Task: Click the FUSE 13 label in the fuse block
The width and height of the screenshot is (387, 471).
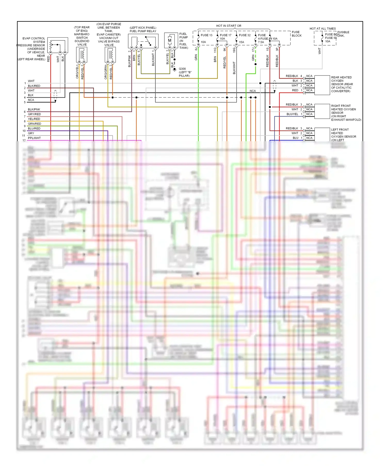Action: click(206, 35)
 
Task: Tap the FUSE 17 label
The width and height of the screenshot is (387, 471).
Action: click(225, 35)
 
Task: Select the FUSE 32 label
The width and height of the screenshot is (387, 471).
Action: click(245, 35)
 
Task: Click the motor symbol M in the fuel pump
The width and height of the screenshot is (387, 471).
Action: click(170, 40)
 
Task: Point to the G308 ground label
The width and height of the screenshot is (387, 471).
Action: click(182, 69)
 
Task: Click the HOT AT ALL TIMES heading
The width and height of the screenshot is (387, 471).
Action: click(322, 29)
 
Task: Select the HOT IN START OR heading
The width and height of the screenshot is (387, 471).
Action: click(229, 26)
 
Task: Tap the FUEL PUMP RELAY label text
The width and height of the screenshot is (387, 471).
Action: click(143, 31)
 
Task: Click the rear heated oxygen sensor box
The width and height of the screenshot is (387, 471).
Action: click(322, 85)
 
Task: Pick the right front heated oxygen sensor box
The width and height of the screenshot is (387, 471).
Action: click(322, 111)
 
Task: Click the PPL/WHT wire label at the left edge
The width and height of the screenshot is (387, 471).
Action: click(34, 138)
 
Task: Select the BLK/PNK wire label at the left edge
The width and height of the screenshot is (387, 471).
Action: click(34, 110)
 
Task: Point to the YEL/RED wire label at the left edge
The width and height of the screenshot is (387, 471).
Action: click(34, 119)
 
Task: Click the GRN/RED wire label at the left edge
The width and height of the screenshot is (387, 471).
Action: click(34, 124)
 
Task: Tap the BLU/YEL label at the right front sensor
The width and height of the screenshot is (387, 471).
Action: click(292, 114)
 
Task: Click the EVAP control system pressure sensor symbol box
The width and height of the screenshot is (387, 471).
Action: click(58, 45)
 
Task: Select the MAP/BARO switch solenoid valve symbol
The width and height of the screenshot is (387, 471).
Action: click(82, 55)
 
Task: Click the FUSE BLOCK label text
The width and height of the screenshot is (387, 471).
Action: click(296, 34)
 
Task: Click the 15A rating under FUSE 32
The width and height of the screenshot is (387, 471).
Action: click(241, 42)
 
